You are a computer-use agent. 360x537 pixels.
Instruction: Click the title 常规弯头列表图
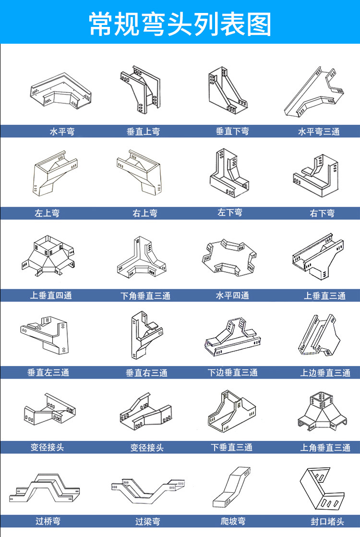180,23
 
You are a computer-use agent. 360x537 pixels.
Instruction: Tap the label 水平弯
62,131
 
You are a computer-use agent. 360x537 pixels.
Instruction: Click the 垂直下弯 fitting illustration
228,91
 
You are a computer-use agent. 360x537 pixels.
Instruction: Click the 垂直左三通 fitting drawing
44,332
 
